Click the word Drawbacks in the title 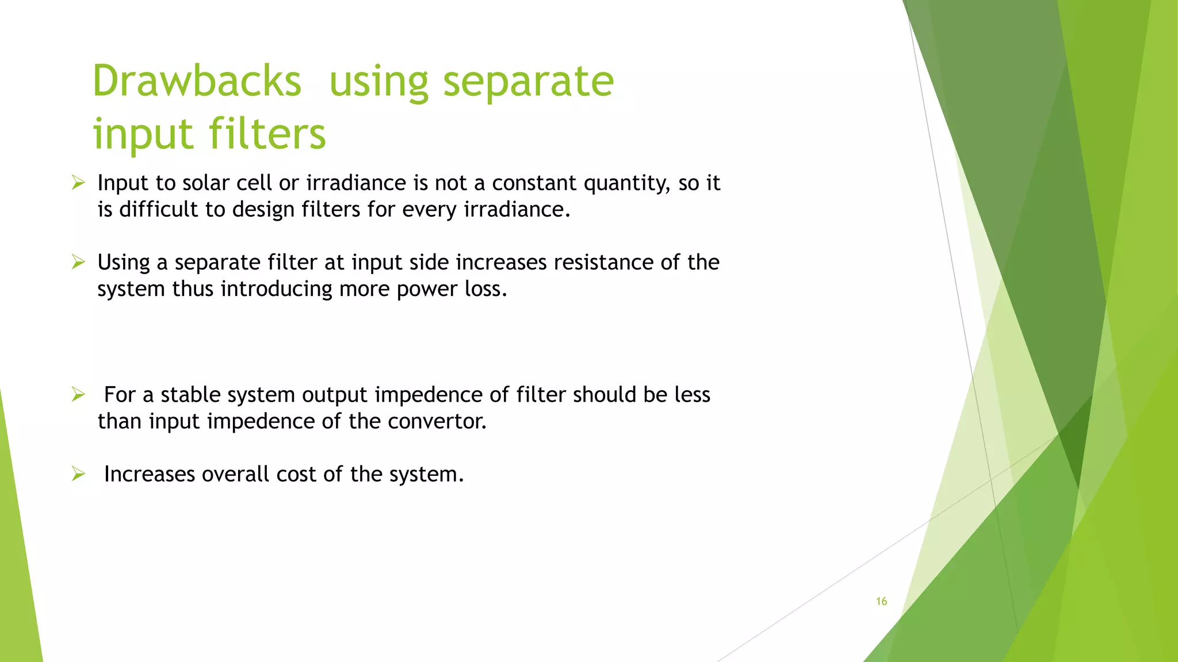[x=197, y=81]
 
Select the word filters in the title [x=267, y=134]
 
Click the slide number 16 [x=881, y=601]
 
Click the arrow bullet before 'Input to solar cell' [x=78, y=183]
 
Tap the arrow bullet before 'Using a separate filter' [x=78, y=263]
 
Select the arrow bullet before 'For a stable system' [x=78, y=395]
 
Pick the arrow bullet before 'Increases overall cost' [x=78, y=474]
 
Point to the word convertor [x=437, y=421]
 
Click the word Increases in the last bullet [x=150, y=475]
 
